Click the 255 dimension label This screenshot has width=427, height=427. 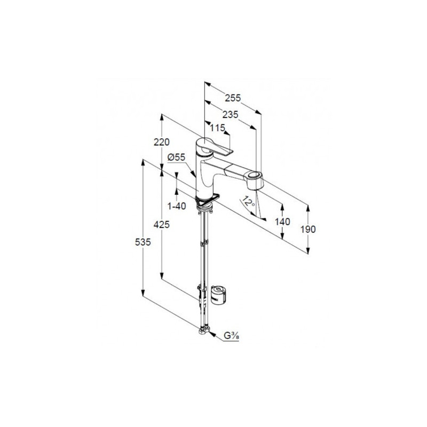233,98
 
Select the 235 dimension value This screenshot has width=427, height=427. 231,115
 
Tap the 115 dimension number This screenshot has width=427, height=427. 218,128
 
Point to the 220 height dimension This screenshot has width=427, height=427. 162,142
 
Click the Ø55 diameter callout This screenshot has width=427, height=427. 176,157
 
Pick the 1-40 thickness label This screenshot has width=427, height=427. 177,206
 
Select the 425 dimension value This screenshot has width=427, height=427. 162,225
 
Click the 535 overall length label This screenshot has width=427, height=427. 143,242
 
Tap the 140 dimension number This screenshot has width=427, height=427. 282,222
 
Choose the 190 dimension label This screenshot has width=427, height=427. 308,230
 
